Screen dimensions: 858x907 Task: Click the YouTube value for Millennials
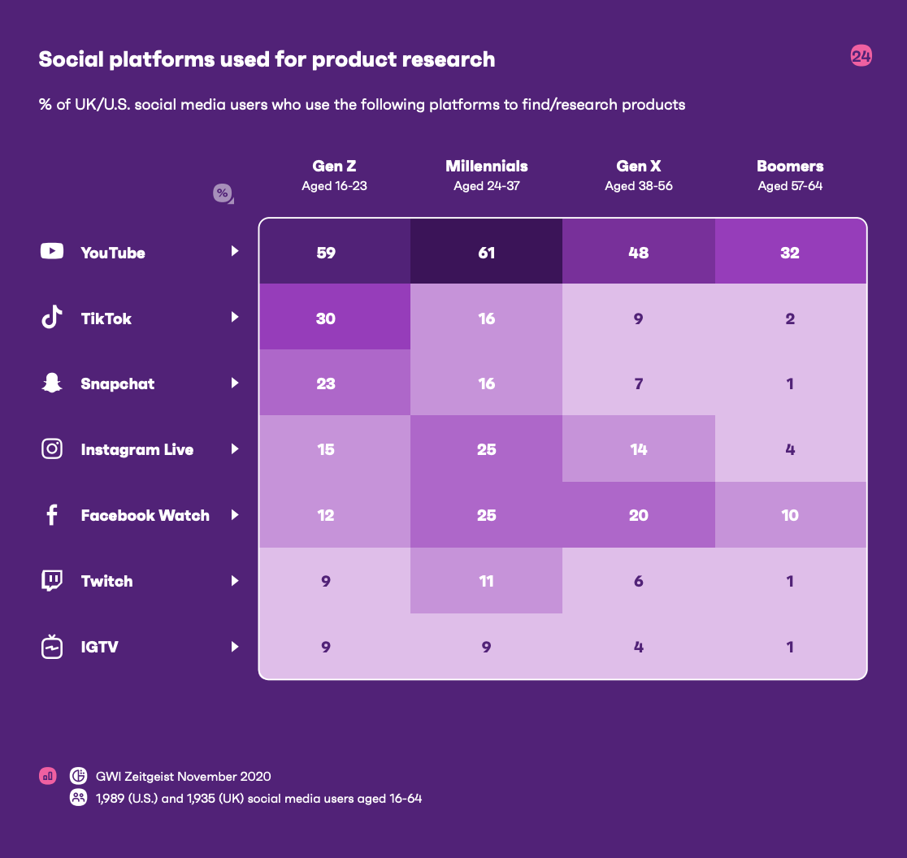[486, 253]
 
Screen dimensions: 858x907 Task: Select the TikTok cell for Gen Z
[326, 318]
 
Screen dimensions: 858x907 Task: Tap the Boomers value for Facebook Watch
[790, 515]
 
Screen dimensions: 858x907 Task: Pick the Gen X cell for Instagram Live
[639, 449]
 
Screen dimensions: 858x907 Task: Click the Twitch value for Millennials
[486, 581]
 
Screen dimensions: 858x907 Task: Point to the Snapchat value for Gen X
[639, 383]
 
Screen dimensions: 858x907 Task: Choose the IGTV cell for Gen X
[639, 647]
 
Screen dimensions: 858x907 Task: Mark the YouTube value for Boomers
[790, 253]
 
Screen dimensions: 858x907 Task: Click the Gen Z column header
[334, 167]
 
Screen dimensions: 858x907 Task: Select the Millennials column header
[486, 167]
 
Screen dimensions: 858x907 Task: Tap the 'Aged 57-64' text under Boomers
[790, 186]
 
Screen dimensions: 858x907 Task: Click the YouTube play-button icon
[52, 252]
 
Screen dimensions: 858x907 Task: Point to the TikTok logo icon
[52, 318]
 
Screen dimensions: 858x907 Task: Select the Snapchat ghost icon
[52, 383]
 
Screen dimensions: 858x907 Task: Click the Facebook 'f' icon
[52, 515]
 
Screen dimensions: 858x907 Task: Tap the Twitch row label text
[106, 581]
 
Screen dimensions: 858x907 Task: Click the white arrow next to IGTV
[235, 647]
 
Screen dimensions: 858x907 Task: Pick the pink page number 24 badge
[861, 56]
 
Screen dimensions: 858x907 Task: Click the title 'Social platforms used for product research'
[267, 59]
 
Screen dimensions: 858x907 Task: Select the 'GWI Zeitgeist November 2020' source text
[183, 776]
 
